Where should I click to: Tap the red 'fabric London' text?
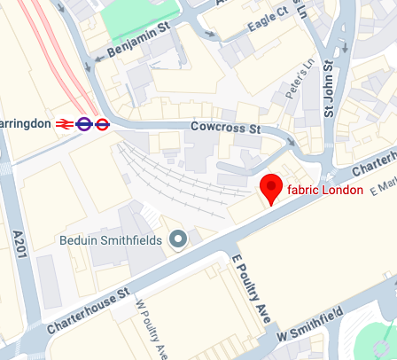point(325,191)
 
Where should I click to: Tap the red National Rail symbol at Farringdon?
point(64,125)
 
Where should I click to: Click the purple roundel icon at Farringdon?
point(84,125)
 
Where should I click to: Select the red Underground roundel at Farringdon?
point(102,125)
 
